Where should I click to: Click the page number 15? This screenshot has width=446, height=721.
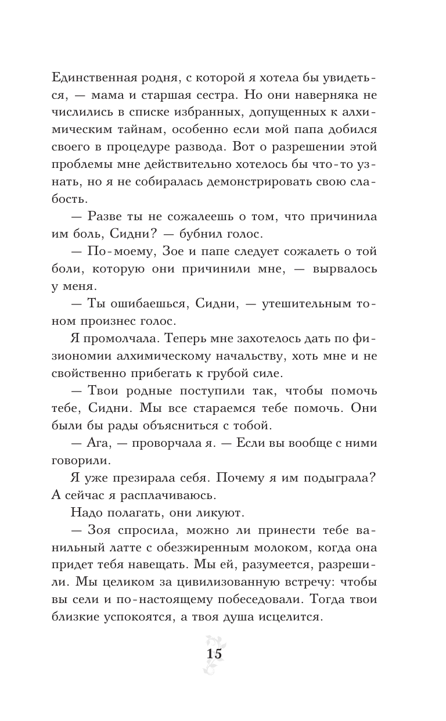click(x=214, y=654)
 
